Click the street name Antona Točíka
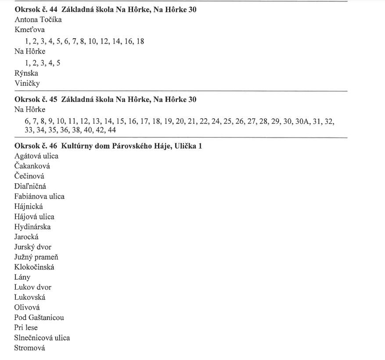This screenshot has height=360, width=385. coord(38,20)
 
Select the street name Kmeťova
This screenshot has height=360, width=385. coord(29,30)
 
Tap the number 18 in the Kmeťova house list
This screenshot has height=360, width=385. coord(140,41)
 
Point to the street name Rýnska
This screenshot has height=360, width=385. coord(26,73)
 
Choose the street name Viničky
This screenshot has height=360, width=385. coord(27,84)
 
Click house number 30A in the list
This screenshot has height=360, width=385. coord(302,121)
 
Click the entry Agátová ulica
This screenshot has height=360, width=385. coord(36,156)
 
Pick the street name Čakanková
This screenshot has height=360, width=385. coord(32,166)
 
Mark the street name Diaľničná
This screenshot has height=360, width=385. coord(30,186)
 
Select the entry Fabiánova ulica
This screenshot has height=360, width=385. coord(39,196)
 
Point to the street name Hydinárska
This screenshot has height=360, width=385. coord(32,227)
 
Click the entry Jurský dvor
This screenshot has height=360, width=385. coord(32,247)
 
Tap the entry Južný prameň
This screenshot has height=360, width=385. coord(36,257)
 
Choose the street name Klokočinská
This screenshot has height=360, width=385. coord(34,267)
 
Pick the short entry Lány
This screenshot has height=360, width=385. coord(22,277)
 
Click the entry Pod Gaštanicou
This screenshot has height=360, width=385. coord(39,317)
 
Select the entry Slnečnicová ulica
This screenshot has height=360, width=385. coord(42,338)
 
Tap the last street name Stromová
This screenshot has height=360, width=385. coord(29,348)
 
